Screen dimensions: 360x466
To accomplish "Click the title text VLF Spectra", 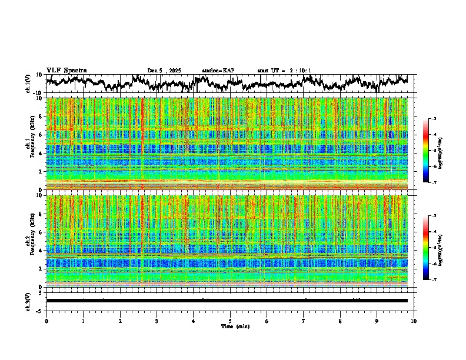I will click(x=66, y=70).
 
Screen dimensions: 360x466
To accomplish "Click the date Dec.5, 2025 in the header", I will click(x=165, y=71).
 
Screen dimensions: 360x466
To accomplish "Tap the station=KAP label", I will click(x=218, y=71).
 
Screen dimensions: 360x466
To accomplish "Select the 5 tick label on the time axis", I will click(x=230, y=321).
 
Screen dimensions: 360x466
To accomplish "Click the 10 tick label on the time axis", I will click(x=414, y=321).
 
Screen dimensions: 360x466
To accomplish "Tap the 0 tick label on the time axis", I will click(x=46, y=321).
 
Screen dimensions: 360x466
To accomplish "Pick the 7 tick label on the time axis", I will click(x=304, y=321).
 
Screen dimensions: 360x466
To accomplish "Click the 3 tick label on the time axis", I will click(x=157, y=321).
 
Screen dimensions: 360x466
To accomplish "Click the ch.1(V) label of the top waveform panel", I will click(x=28, y=84).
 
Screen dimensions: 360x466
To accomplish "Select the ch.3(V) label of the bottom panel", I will click(x=28, y=301).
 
